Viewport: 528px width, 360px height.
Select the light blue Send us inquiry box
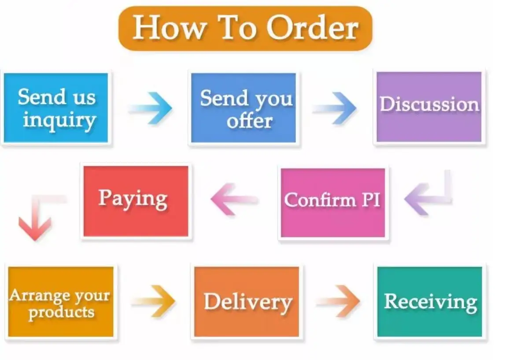(x=56, y=108)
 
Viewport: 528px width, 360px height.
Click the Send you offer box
(x=244, y=108)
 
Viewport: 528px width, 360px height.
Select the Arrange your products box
(x=60, y=301)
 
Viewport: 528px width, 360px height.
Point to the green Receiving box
(x=429, y=301)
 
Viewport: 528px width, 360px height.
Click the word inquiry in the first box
(x=59, y=120)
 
